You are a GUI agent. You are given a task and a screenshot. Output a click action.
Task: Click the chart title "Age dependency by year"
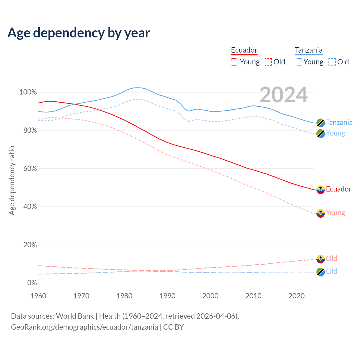pos(79,33)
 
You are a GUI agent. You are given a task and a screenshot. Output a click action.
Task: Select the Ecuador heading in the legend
pos(244,50)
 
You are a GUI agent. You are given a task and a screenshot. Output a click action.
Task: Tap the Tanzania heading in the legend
pos(309,50)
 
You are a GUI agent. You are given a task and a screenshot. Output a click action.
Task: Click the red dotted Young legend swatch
pos(234,62)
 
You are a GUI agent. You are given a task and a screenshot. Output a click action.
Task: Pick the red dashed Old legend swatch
pos(268,62)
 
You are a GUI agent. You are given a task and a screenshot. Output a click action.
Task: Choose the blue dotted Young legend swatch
pos(298,62)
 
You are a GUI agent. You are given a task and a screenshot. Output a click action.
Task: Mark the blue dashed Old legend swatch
pos(332,62)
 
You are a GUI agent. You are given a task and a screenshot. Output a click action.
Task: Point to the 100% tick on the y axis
pos(28,92)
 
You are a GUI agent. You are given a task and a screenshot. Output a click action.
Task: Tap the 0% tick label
pos(32,283)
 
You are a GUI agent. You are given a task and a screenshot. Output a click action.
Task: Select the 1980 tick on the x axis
pos(124,296)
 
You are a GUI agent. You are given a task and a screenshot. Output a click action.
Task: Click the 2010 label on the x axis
pos(253,296)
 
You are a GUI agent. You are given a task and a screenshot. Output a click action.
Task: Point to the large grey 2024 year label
pos(283,95)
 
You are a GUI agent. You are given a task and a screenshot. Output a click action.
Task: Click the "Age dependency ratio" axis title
pos(12,180)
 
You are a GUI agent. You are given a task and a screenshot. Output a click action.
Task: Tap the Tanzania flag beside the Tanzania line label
pos(321,123)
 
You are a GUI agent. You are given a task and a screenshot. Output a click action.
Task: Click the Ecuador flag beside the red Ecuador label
pos(321,190)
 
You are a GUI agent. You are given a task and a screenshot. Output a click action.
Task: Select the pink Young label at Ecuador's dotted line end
pos(335,213)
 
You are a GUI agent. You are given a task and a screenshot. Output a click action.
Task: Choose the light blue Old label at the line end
pos(331,272)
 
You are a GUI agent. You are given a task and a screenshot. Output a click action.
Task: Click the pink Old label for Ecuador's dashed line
pos(331,259)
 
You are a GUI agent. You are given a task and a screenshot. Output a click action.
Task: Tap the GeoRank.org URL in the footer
pos(84,327)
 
